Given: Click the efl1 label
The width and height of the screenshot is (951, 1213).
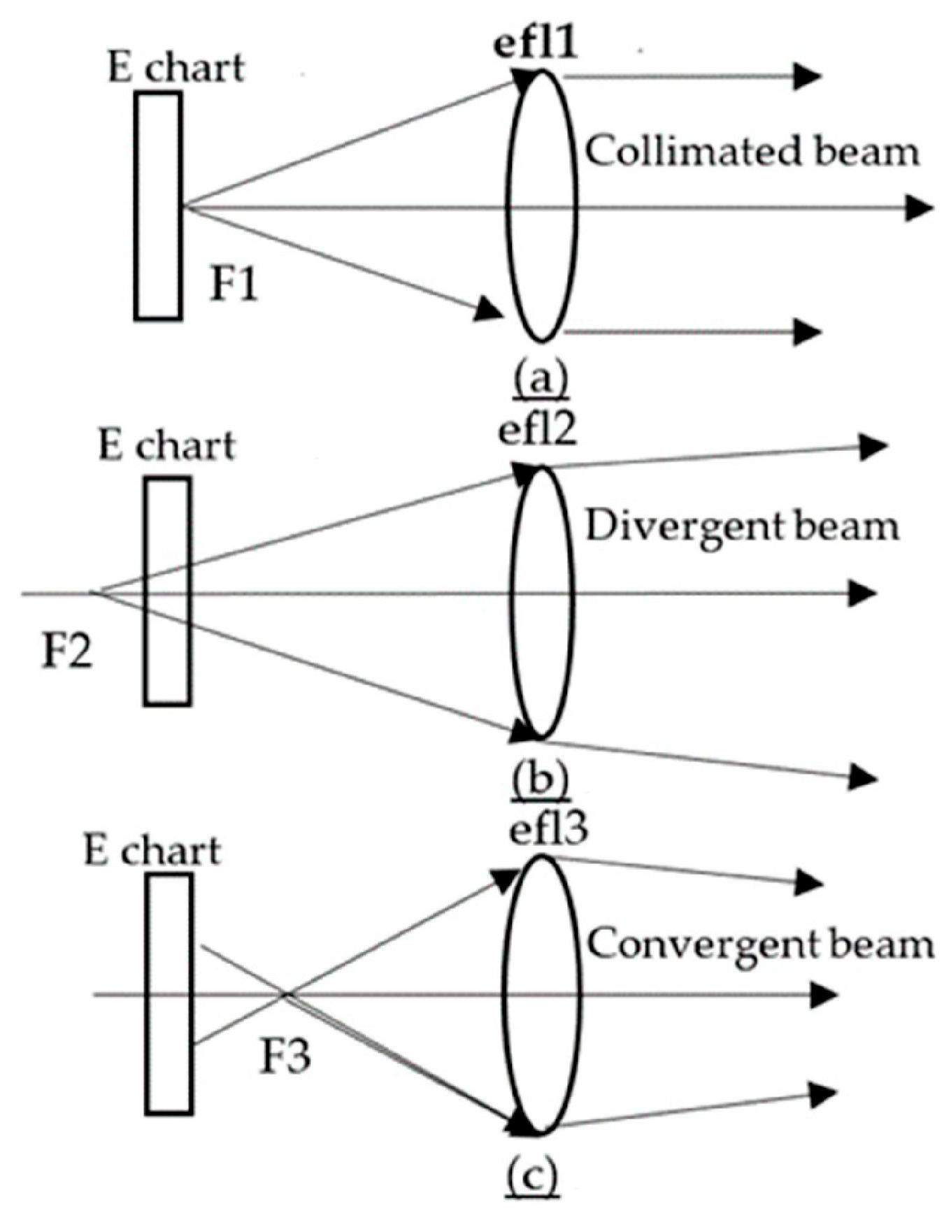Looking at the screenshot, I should [535, 46].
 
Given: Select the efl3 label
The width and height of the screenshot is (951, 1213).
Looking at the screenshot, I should [548, 829].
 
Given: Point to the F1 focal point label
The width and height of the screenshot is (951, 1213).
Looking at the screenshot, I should [234, 285].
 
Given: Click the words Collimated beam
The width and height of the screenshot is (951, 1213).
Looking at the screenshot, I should [752, 152].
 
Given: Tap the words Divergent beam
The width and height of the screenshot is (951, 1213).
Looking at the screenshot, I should [742, 526].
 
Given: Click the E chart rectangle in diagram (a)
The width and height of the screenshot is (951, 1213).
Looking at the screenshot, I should [159, 206].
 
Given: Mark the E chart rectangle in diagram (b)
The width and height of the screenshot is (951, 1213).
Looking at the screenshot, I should [167, 591].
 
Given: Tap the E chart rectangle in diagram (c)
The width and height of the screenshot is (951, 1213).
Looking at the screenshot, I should [169, 993].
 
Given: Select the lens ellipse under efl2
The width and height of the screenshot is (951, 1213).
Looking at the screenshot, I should [541, 601].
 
